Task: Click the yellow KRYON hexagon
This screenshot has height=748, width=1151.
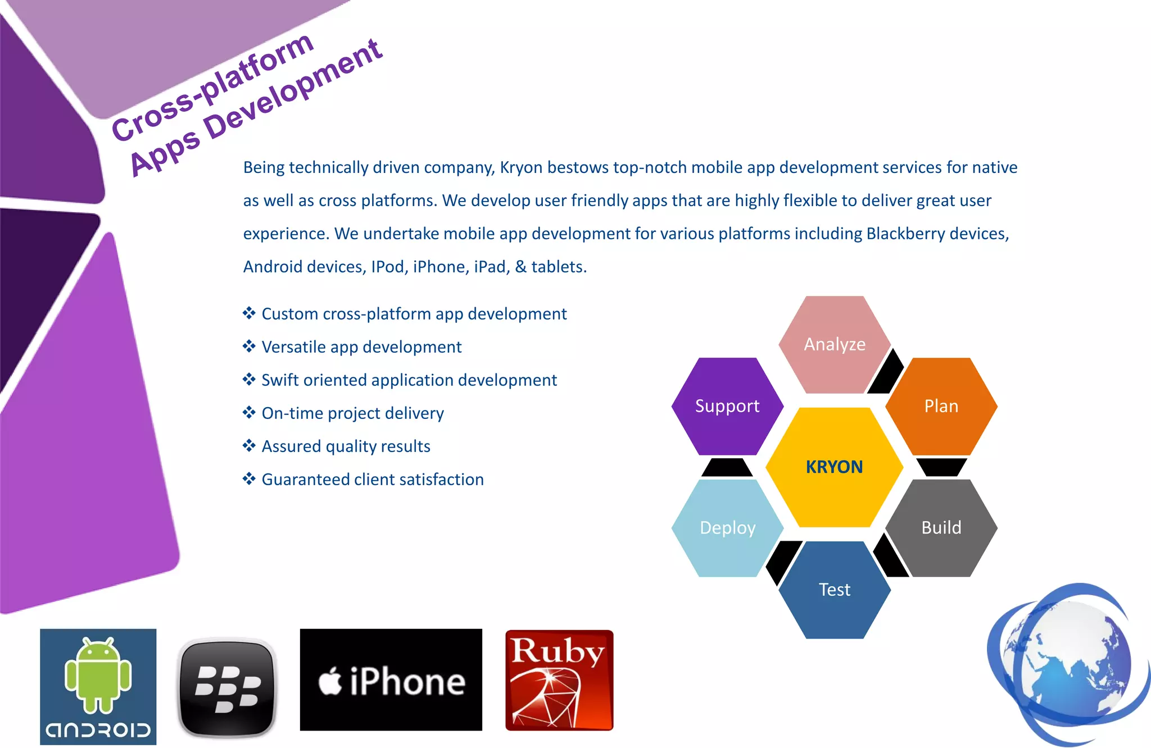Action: [834, 467]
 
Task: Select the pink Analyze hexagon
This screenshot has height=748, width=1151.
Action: [835, 344]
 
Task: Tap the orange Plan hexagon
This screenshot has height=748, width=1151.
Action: [941, 406]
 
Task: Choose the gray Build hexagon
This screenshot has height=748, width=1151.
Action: [941, 528]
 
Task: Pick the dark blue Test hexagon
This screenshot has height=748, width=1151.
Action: [835, 590]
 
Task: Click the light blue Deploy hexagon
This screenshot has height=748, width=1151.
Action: [727, 528]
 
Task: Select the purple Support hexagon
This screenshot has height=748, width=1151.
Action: [727, 406]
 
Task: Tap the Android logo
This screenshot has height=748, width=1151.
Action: [98, 686]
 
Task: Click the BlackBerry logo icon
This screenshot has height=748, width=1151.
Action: [227, 687]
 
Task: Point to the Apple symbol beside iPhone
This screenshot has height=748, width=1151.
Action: [330, 681]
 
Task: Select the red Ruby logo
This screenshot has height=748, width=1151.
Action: [559, 680]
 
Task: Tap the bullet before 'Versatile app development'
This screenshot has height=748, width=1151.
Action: [249, 346]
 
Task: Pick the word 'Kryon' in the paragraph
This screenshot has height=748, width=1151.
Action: [521, 167]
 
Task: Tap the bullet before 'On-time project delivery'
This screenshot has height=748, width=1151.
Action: [249, 413]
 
